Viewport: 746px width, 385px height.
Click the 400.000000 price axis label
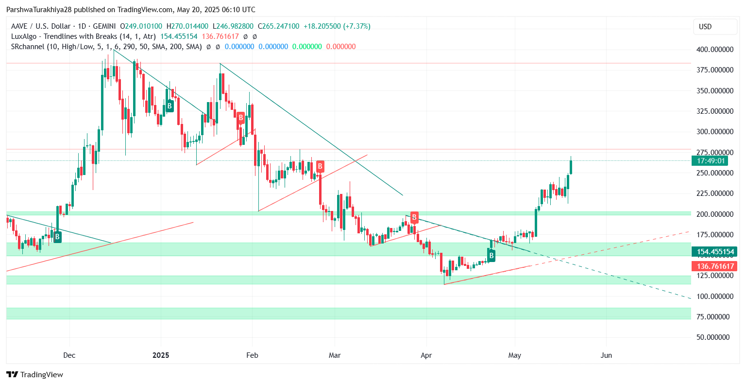coord(715,50)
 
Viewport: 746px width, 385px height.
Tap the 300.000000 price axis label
coord(715,132)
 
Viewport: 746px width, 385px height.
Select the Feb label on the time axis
coord(252,355)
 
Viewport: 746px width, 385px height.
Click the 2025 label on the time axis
coord(161,355)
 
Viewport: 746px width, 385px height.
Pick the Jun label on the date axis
coord(606,355)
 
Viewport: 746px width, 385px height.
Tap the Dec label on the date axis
coord(69,355)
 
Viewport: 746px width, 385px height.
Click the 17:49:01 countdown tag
coord(711,161)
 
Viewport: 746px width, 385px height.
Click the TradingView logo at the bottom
coord(35,374)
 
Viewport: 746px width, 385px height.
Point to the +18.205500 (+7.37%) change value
coord(337,26)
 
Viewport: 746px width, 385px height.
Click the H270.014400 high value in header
coord(187,26)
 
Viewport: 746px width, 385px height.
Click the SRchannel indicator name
coord(28,47)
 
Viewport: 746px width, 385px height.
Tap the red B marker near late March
coord(414,217)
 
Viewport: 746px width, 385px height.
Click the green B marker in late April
coord(492,255)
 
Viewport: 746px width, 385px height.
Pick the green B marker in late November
coord(57,237)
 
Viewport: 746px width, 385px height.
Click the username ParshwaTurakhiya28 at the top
coord(38,10)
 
